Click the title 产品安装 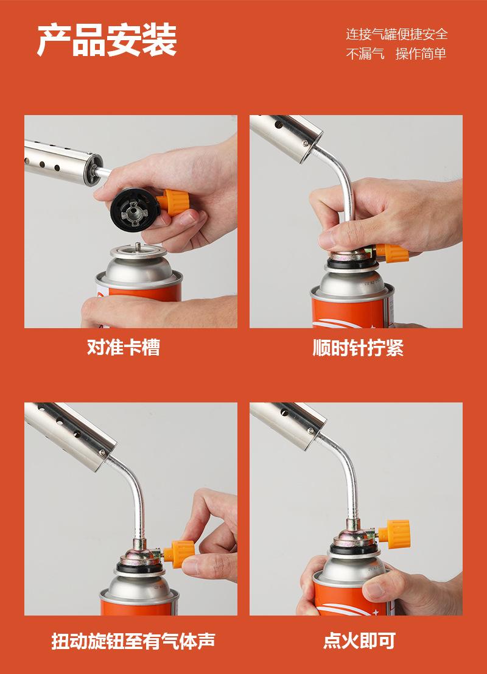pos(107,40)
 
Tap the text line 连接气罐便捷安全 pos(397,34)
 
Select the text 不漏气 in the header pos(365,54)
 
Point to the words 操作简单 pos(421,54)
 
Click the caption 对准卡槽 pos(124,347)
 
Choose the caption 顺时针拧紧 pos(358,348)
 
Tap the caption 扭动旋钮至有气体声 pos(133,641)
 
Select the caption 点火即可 pos(359,641)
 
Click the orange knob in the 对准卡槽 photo pos(173,202)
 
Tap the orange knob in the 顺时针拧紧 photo pos(392,253)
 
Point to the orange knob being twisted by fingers pos(179,553)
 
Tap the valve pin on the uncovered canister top pos(138,247)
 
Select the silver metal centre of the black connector pos(134,211)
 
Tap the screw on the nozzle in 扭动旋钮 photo pos(102,452)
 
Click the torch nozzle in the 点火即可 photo pos(287,425)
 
